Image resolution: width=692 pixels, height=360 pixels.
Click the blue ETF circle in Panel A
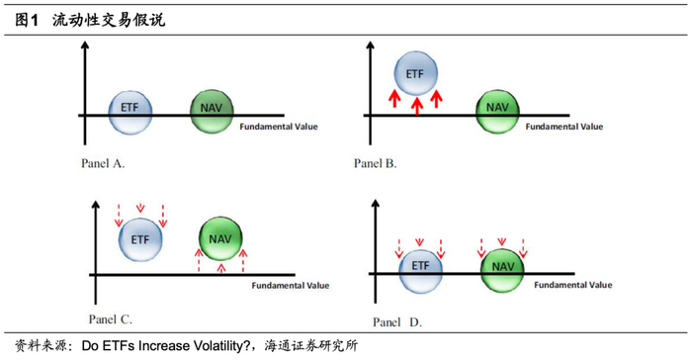coord(130,113)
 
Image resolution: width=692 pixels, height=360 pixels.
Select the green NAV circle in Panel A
coord(212,112)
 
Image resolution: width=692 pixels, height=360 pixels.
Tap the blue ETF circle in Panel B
coord(416,73)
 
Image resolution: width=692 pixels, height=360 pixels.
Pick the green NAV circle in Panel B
coord(497,112)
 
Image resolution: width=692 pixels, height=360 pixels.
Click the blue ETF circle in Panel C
coord(140,239)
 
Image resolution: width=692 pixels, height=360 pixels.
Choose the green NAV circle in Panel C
coord(220,238)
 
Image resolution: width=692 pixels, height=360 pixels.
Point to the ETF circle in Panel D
coord(420,271)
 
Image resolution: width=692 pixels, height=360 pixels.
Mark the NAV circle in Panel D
coord(502,270)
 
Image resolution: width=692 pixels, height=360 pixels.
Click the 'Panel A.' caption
coord(103,163)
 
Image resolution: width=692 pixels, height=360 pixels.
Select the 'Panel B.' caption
coord(375,163)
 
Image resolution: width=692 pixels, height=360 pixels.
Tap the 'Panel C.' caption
coord(111,318)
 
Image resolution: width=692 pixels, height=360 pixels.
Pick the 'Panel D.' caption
coord(397,322)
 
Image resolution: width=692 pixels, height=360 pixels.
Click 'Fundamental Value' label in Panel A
coord(279,127)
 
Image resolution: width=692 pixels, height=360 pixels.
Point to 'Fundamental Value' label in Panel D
coord(572,285)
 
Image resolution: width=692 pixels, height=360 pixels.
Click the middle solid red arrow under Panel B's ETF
coord(417,107)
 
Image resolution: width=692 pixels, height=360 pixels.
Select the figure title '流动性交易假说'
coord(109,21)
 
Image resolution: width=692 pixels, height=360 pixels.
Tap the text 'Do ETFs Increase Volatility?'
coord(166,345)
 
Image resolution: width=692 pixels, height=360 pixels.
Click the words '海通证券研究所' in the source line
coord(311,345)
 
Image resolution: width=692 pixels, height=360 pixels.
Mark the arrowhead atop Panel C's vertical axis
coord(95,204)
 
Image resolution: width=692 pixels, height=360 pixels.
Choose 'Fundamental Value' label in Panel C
coord(291,286)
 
